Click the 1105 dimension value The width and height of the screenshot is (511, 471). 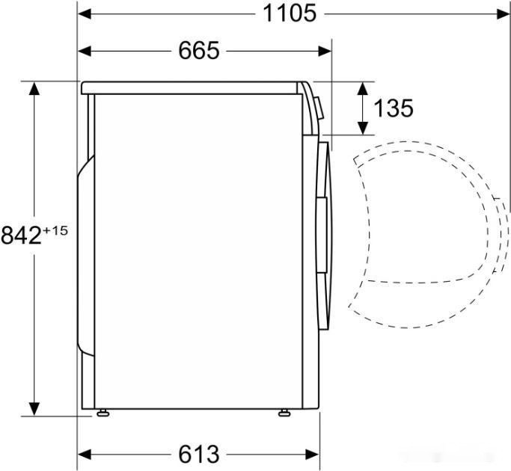pyautogui.click(x=290, y=13)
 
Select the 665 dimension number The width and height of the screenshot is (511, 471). pyautogui.click(x=199, y=50)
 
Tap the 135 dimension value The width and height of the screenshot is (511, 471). pyautogui.click(x=393, y=108)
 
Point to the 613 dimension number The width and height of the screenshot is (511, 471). pyautogui.click(x=199, y=454)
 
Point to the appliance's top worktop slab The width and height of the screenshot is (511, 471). pyautogui.click(x=195, y=87)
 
